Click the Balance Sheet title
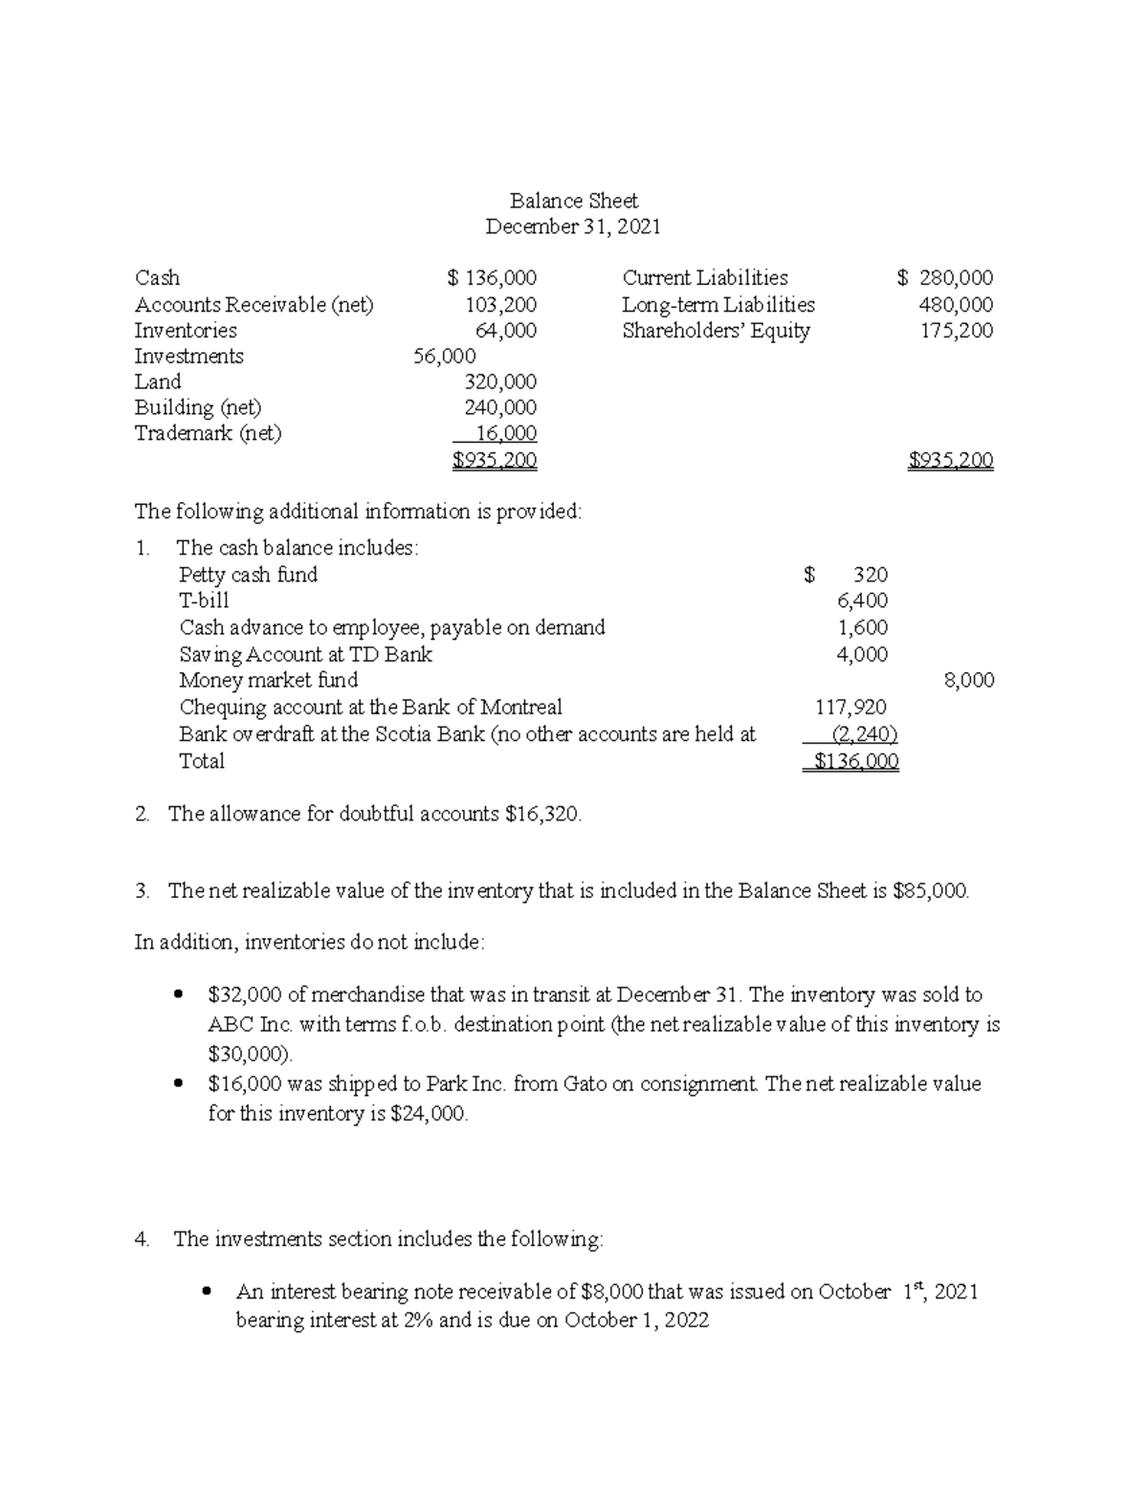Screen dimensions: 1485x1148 pyautogui.click(x=573, y=201)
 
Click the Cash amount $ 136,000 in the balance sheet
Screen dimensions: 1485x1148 pyautogui.click(x=492, y=278)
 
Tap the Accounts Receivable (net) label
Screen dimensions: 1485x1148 pyautogui.click(x=254, y=305)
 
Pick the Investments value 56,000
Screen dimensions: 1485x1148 pyautogui.click(x=444, y=357)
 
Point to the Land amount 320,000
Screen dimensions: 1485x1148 pyautogui.click(x=499, y=382)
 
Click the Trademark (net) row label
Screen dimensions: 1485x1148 pyautogui.click(x=208, y=433)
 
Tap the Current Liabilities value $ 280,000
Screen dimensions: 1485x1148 pyautogui.click(x=944, y=278)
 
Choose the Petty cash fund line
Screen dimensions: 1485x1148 pyautogui.click(x=248, y=575)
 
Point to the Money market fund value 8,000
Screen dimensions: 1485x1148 pyautogui.click(x=968, y=681)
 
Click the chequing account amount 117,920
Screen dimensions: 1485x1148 pyautogui.click(x=850, y=708)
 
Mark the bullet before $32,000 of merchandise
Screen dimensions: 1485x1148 pyautogui.click(x=178, y=995)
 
